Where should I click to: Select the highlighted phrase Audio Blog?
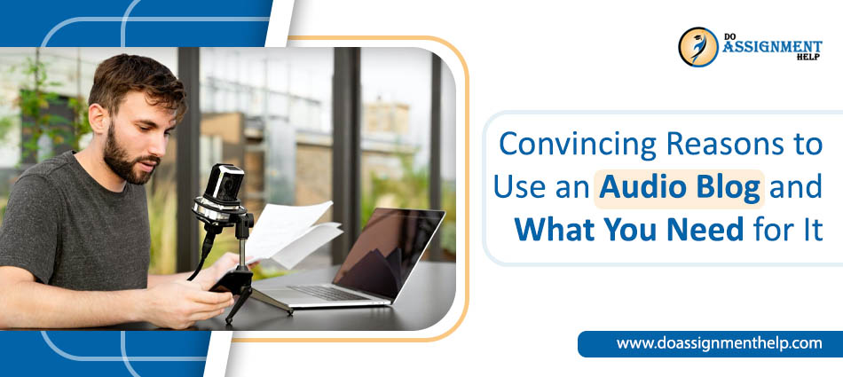point(679,186)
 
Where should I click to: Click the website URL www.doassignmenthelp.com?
point(719,343)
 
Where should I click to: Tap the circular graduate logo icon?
point(697,47)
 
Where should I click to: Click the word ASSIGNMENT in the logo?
point(771,47)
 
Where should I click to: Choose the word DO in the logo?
point(730,35)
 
